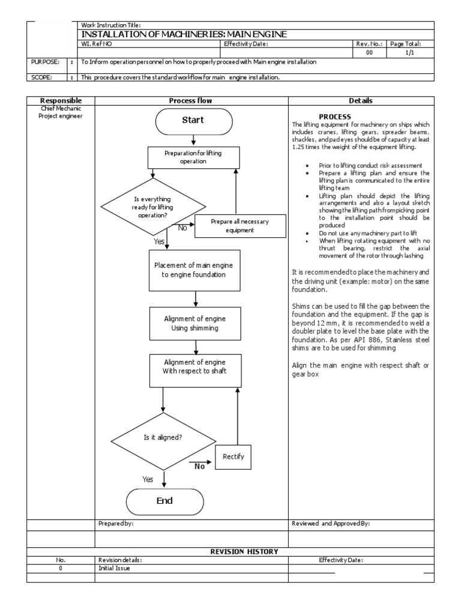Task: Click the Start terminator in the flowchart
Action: (193, 120)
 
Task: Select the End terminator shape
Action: (164, 501)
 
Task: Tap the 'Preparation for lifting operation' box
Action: (193, 157)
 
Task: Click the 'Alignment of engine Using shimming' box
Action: (195, 323)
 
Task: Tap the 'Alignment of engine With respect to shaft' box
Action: (195, 366)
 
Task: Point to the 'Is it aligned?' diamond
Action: (163, 438)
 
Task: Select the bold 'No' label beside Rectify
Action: (200, 466)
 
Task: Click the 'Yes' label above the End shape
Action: (148, 479)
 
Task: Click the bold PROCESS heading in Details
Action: (335, 117)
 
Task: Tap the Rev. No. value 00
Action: (369, 53)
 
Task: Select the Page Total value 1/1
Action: (408, 53)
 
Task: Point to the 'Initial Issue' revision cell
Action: (114, 568)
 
